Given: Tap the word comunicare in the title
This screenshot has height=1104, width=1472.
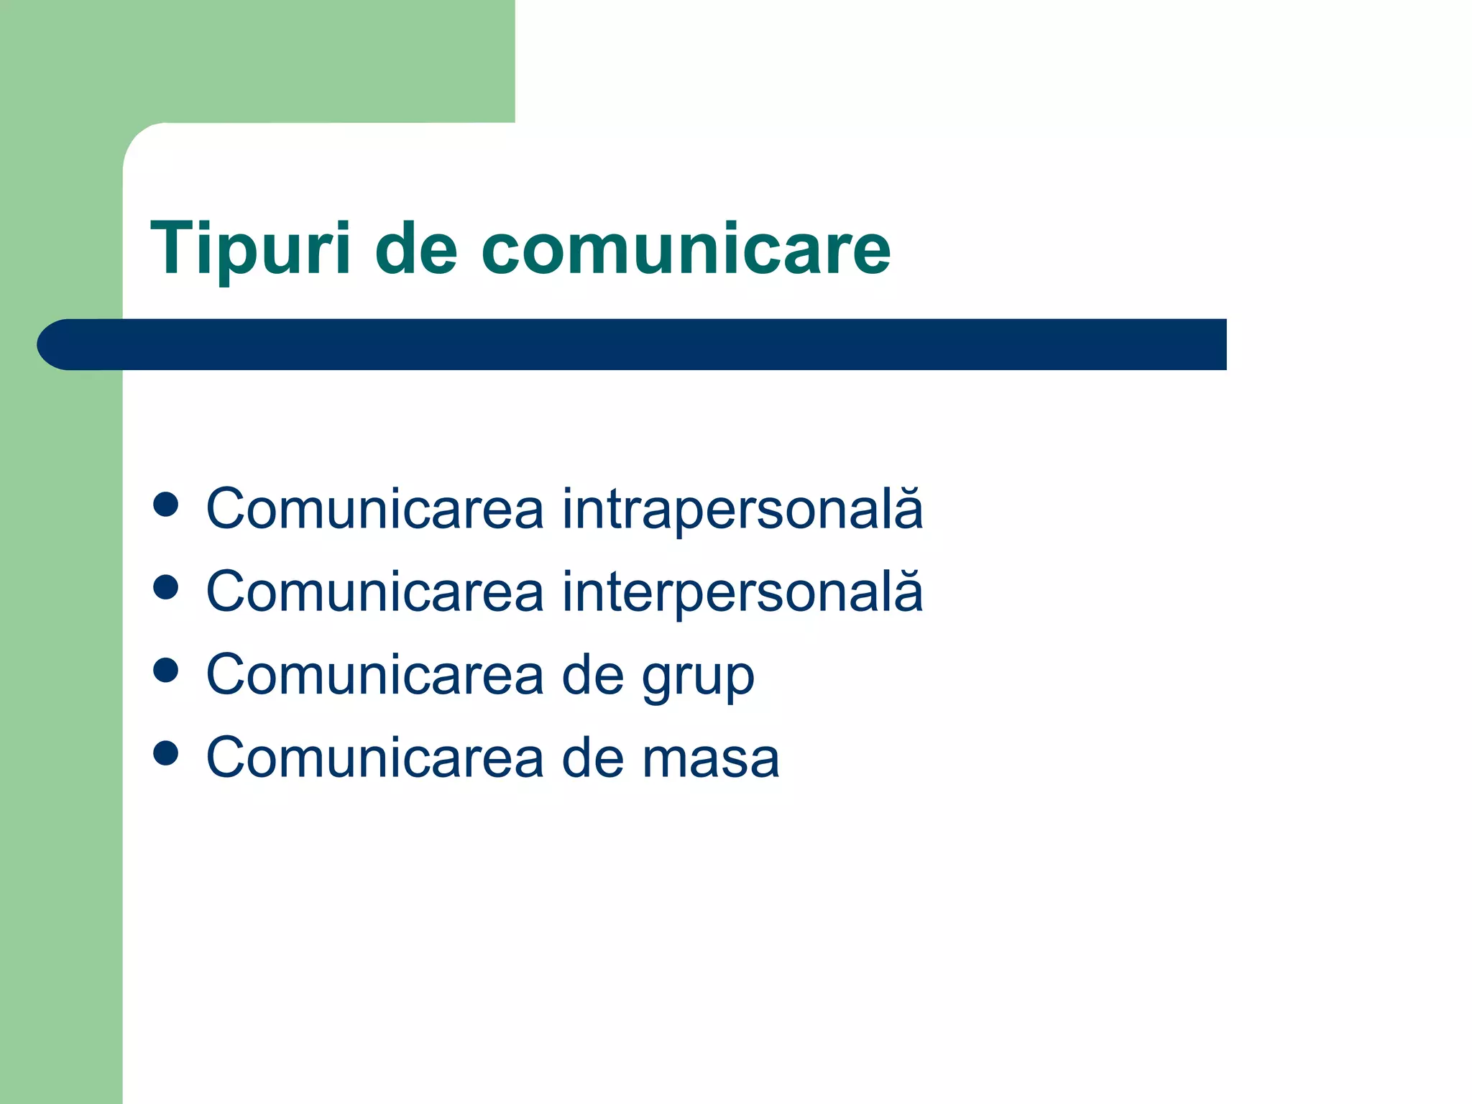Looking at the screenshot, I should click(686, 248).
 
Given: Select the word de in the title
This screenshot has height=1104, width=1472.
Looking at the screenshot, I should click(416, 248).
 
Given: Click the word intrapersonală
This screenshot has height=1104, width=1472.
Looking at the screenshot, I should click(742, 510).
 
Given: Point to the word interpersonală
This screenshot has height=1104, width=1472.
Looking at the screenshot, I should click(742, 592).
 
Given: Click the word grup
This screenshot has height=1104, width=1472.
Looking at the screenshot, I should click(697, 676).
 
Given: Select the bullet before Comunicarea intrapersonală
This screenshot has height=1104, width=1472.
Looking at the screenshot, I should click(166, 505).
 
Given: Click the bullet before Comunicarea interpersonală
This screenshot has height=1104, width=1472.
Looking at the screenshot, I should click(166, 587).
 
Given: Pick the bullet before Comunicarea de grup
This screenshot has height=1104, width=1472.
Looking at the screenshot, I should click(166, 671).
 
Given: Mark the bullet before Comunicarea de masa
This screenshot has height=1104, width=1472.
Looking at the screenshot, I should click(166, 753).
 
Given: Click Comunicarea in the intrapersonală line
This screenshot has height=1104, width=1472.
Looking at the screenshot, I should click(374, 510).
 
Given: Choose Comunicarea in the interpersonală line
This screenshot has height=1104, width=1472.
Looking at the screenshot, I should click(374, 592).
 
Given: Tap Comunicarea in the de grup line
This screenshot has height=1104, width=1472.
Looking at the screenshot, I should click(374, 676).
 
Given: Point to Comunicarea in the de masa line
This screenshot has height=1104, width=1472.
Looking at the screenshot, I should click(374, 758).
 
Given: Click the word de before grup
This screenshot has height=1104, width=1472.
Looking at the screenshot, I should click(592, 676).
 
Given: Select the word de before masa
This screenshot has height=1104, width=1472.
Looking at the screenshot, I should click(592, 758).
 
